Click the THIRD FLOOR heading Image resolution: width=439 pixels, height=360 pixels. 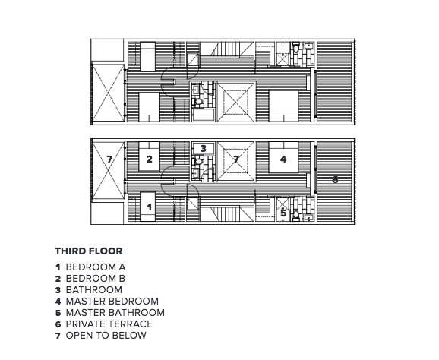[89, 251]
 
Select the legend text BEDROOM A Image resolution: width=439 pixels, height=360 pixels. [96, 267]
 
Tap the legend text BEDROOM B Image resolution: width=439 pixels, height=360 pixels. [95, 279]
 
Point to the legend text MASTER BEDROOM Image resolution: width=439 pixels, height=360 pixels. [112, 302]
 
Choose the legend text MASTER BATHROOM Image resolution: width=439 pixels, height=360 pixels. [115, 313]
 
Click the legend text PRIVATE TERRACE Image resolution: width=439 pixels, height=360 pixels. [109, 324]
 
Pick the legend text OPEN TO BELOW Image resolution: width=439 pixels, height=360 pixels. [106, 336]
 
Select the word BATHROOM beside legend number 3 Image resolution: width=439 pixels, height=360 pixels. [93, 290]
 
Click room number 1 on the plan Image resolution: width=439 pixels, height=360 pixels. [149, 207]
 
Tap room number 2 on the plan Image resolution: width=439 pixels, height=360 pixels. [149, 159]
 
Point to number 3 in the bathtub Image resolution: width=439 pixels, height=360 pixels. [204, 148]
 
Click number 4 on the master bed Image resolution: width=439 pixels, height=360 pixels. [283, 159]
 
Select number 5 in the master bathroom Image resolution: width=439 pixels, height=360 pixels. [283, 213]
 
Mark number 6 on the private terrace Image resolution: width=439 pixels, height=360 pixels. [335, 179]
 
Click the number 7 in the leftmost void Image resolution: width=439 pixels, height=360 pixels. [109, 159]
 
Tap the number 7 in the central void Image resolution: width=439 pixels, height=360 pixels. [236, 159]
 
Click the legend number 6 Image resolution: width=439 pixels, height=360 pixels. [58, 324]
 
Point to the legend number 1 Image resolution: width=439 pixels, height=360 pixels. [58, 267]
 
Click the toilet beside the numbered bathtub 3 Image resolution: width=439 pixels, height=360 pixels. [197, 162]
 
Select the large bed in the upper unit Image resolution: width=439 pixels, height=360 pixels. [283, 106]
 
